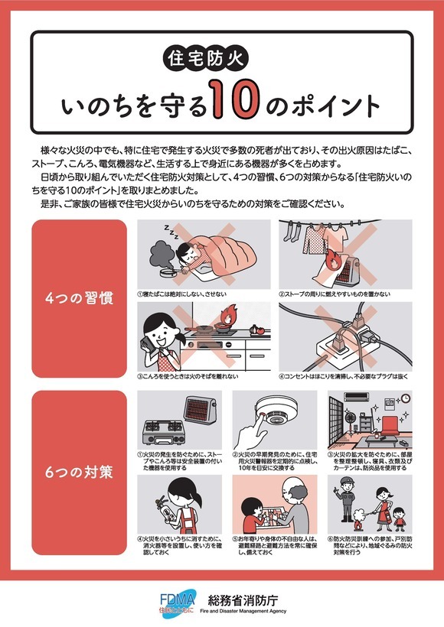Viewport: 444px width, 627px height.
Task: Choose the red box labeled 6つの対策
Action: pos(79,471)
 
